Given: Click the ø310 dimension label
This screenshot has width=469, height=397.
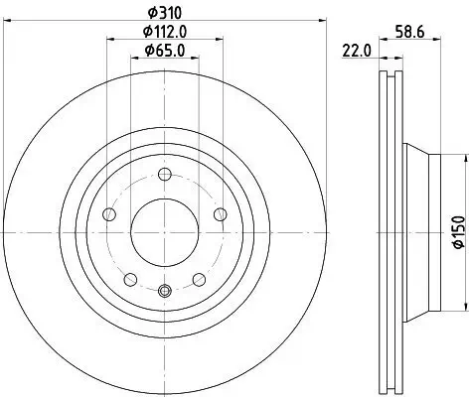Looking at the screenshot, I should coord(163,12).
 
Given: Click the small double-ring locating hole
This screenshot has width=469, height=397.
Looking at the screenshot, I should coord(165,290).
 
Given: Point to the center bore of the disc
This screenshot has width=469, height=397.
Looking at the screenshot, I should coord(165,226).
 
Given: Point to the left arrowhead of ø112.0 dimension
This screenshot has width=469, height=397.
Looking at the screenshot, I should coord(108,41).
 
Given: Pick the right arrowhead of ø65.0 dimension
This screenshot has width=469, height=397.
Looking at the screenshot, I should coord(197,60).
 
